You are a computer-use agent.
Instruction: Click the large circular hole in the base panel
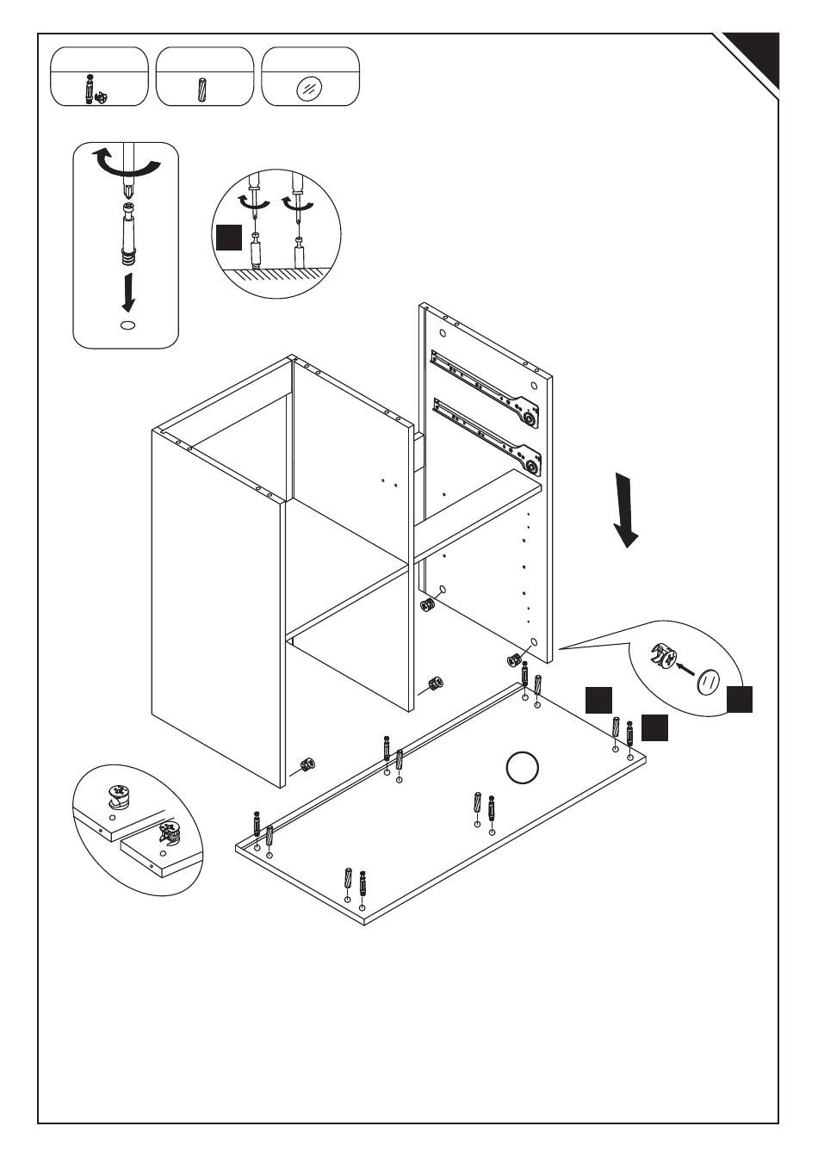tap(522, 768)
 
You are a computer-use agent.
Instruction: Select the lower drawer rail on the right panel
tap(486, 433)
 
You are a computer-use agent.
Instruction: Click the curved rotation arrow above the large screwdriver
tap(127, 166)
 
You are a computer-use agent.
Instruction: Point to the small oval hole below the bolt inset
tap(127, 325)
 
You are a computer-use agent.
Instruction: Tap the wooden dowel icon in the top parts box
tap(203, 88)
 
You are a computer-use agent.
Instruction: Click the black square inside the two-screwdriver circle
tap(229, 237)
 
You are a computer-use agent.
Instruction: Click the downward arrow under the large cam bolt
tap(129, 292)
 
